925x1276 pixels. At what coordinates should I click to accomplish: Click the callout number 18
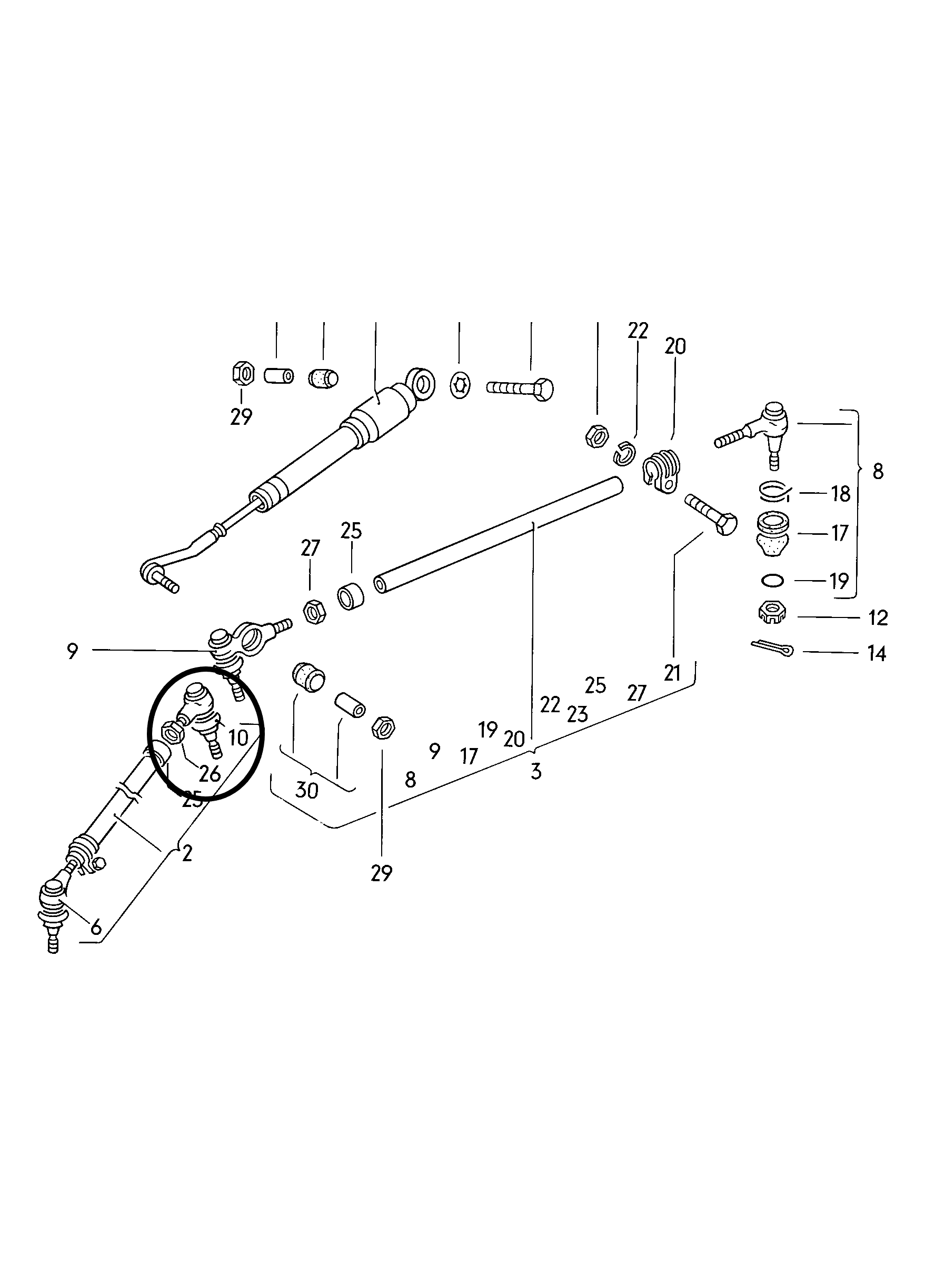coord(841,494)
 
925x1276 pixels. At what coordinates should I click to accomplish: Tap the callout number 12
coord(878,618)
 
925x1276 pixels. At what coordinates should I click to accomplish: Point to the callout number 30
coord(306,791)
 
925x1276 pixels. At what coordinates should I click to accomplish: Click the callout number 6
coord(96,926)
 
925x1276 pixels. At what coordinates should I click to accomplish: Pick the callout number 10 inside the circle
coord(238,737)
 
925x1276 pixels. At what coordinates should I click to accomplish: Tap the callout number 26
coord(210,774)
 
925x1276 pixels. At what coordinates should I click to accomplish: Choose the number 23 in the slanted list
coord(578,714)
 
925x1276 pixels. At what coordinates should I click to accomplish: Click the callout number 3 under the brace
coord(535,772)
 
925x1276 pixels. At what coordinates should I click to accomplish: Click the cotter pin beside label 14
coord(771,647)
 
